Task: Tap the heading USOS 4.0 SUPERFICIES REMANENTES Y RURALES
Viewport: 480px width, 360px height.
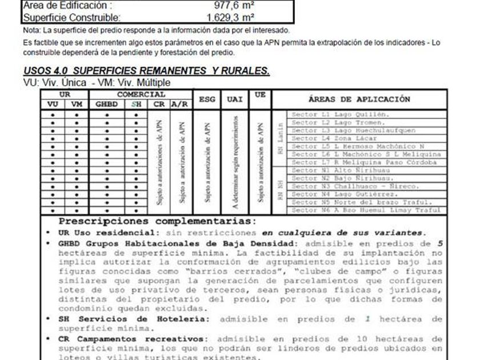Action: click(x=146, y=71)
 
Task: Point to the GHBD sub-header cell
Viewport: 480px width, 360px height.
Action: click(x=107, y=105)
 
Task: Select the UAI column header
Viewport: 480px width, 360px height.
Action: click(x=235, y=99)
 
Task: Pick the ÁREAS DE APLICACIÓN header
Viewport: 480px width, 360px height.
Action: click(x=359, y=99)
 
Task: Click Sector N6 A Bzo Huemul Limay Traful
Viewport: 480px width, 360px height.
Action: click(x=366, y=210)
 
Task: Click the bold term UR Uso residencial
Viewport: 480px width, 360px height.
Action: click(x=111, y=233)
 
